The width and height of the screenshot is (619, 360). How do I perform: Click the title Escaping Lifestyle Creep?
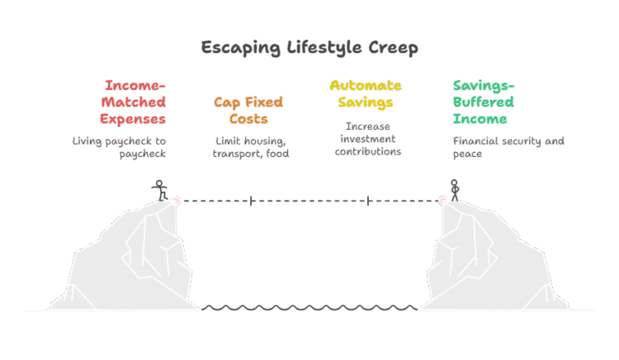[309, 48]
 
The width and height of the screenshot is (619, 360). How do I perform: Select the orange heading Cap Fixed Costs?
[248, 111]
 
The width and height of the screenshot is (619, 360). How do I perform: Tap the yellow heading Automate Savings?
[365, 94]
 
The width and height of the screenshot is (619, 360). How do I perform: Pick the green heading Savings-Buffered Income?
[484, 102]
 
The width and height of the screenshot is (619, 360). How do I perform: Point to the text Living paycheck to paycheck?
[120, 148]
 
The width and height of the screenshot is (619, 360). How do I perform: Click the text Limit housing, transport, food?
[250, 148]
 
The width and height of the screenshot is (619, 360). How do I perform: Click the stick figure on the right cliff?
[453, 190]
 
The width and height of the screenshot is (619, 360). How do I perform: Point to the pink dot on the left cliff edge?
[175, 200]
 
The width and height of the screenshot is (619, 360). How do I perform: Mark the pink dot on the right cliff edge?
[443, 200]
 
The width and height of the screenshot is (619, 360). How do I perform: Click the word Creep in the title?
[395, 48]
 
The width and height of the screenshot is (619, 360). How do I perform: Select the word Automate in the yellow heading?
[366, 85]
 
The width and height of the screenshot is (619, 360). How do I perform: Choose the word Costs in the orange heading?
[249, 120]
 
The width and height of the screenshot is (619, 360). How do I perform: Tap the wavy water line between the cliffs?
[309, 309]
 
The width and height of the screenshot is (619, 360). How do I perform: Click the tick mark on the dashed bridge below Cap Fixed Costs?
[251, 200]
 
